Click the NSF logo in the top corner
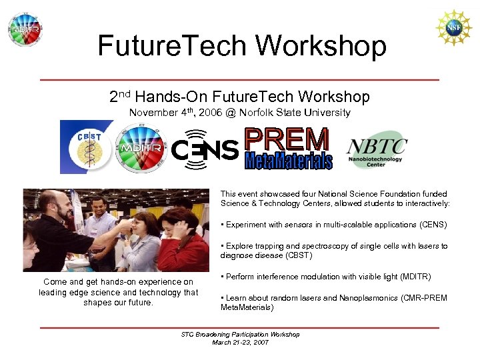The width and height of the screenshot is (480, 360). [x=453, y=27]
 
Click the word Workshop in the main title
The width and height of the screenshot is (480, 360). [x=321, y=46]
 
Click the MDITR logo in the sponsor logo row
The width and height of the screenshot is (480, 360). [x=141, y=148]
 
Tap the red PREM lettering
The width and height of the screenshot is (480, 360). [x=287, y=139]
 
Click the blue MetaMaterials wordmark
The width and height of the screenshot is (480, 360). [x=288, y=161]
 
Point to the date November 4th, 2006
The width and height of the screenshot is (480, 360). [x=175, y=113]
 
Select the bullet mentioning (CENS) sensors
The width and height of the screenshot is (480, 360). [x=334, y=225]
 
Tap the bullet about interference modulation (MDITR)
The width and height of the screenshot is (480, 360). [x=326, y=277]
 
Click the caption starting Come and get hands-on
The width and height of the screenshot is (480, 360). [x=118, y=292]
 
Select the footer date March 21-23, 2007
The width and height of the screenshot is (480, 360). [x=240, y=342]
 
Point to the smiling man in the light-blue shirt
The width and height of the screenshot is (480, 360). [x=99, y=213]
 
